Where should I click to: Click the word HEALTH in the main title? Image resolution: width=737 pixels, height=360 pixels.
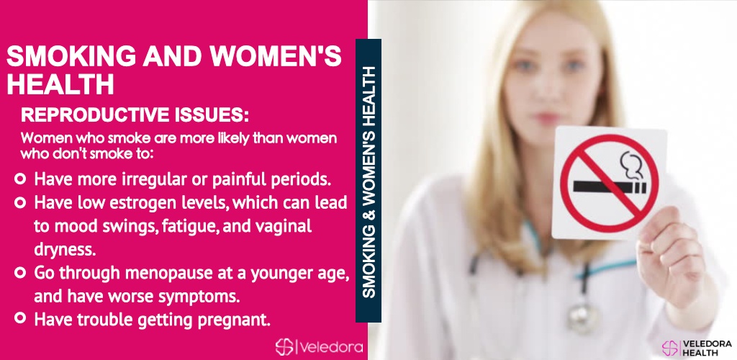pyautogui.click(x=60, y=84)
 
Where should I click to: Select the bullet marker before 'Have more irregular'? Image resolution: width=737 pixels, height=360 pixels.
pyautogui.click(x=19, y=179)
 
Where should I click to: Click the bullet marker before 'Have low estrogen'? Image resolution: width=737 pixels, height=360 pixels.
pyautogui.click(x=19, y=202)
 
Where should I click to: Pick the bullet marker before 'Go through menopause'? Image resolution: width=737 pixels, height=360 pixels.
pyautogui.click(x=19, y=273)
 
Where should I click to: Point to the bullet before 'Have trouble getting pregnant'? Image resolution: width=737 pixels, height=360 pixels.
pyautogui.click(x=19, y=318)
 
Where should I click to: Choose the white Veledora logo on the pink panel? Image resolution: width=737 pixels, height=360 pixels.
pyautogui.click(x=319, y=347)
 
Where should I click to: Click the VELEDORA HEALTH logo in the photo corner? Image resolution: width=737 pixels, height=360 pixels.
pyautogui.click(x=697, y=348)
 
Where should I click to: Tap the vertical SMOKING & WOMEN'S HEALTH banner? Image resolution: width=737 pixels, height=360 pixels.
pyautogui.click(x=368, y=181)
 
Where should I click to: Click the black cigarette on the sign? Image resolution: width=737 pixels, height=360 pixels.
pyautogui.click(x=610, y=187)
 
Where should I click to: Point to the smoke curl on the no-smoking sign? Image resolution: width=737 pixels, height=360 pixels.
pyautogui.click(x=631, y=166)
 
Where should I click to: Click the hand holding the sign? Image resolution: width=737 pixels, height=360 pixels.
pyautogui.click(x=672, y=258)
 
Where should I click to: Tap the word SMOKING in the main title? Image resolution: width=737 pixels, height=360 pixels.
pyautogui.click(x=71, y=57)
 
